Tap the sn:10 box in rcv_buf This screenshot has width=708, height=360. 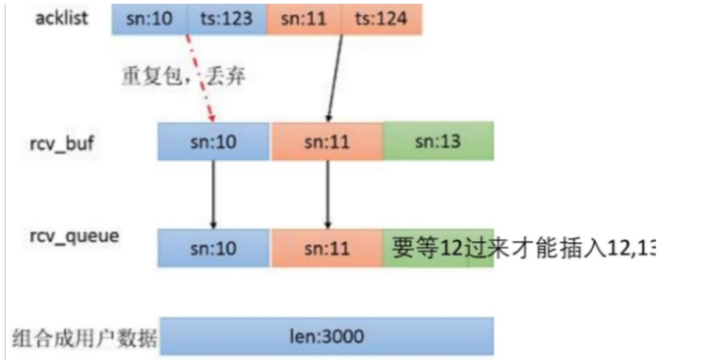pos(213,142)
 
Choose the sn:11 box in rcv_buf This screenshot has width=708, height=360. pos(326,142)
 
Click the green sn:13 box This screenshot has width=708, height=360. pos(438,142)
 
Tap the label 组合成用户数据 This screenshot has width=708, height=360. pos(82,338)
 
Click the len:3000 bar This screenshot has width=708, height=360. pos(326,337)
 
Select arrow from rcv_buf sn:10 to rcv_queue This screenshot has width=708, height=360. pos(213,193)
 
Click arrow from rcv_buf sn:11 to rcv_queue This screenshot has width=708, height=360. pos(326,193)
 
